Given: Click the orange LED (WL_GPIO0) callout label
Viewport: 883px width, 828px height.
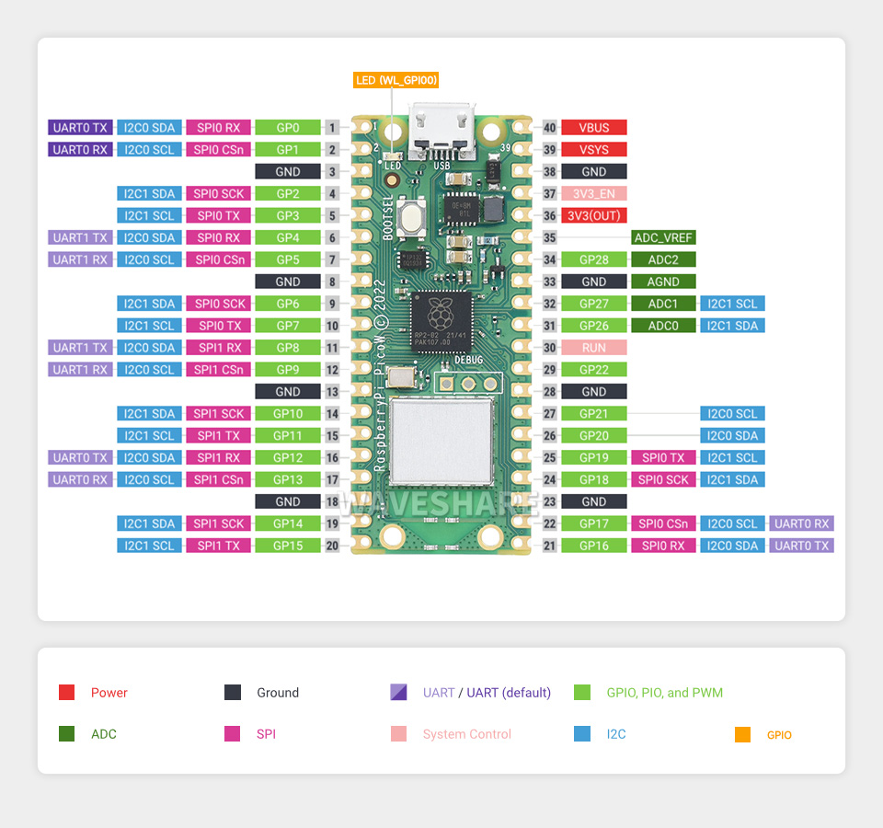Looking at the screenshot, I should [x=396, y=80].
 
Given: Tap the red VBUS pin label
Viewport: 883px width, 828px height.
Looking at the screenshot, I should [x=594, y=128].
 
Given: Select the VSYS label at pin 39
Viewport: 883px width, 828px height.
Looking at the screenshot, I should [x=594, y=150].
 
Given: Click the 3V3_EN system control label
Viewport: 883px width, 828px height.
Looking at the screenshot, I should [x=594, y=194].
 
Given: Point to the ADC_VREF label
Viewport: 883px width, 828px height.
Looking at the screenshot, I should [x=663, y=237].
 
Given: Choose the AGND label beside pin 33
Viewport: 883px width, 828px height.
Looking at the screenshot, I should [x=663, y=282].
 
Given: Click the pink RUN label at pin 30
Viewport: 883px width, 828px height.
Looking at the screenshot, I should [x=594, y=348].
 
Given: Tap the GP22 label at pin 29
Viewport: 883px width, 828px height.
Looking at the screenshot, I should [x=594, y=370].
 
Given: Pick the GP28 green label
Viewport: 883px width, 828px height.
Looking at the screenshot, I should [x=594, y=259].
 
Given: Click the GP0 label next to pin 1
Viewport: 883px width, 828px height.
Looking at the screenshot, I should [x=288, y=128].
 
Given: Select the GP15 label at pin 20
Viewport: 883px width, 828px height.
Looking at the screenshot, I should [x=288, y=546].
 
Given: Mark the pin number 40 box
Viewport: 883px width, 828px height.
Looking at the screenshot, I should [x=550, y=128].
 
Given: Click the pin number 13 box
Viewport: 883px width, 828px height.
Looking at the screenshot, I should [x=332, y=392].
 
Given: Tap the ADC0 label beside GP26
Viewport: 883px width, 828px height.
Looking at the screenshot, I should [x=663, y=326].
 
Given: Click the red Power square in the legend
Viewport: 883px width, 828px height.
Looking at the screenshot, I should [x=66, y=693].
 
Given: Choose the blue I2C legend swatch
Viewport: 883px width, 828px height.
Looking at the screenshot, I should [x=581, y=734].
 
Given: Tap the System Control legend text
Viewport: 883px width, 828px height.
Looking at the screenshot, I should [x=467, y=734].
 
